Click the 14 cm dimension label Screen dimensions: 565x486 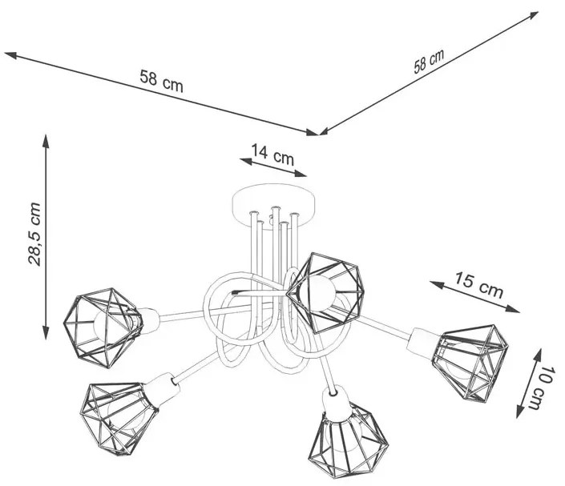point(272,155)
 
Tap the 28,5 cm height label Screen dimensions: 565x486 point(35,234)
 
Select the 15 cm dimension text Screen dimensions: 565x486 point(478,285)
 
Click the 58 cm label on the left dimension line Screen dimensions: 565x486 point(161,82)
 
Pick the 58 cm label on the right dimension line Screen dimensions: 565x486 point(429,61)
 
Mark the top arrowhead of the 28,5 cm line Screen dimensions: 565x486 point(46,141)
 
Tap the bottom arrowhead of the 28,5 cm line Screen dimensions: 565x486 point(46,332)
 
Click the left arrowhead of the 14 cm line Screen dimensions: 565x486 point(247,161)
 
